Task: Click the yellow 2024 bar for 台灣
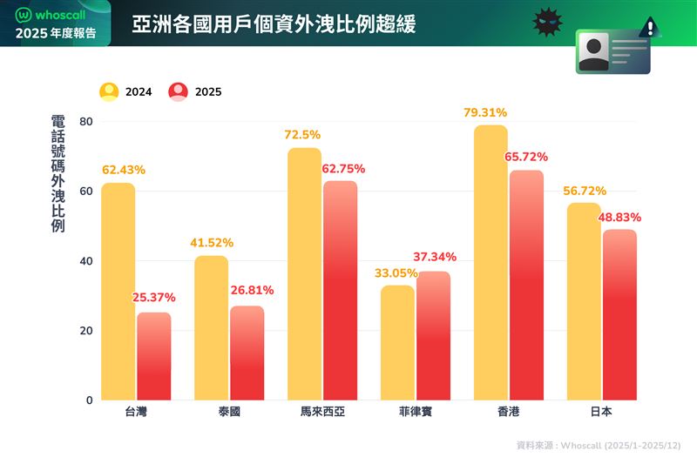pos(118,292)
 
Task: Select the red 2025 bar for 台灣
pos(154,356)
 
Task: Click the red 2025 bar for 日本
pos(619,314)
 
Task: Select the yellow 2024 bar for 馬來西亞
pos(304,274)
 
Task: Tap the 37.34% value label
pos(434,257)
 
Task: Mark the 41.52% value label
pos(210,242)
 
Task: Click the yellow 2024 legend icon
pos(109,91)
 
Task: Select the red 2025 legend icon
pos(179,91)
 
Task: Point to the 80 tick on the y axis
pos(86,122)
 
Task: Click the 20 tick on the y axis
pos(86,331)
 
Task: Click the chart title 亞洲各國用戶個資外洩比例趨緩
pos(274,24)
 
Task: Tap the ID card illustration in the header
pos(612,51)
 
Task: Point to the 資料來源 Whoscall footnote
pos(596,445)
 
